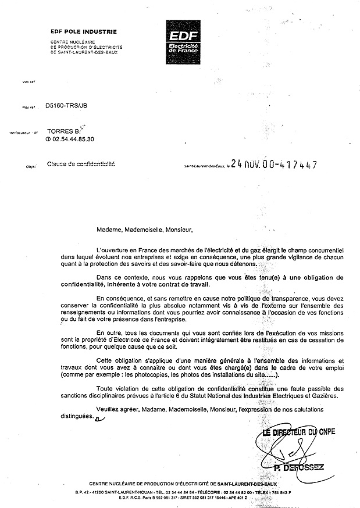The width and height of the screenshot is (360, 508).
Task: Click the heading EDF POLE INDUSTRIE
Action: [x=83, y=32]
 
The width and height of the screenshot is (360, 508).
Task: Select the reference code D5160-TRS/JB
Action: [x=67, y=107]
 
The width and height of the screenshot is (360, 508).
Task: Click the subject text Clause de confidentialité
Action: [x=80, y=165]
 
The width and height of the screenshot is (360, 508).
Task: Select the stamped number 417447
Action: [x=297, y=165]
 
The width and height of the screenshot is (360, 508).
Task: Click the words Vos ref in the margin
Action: [x=28, y=82]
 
